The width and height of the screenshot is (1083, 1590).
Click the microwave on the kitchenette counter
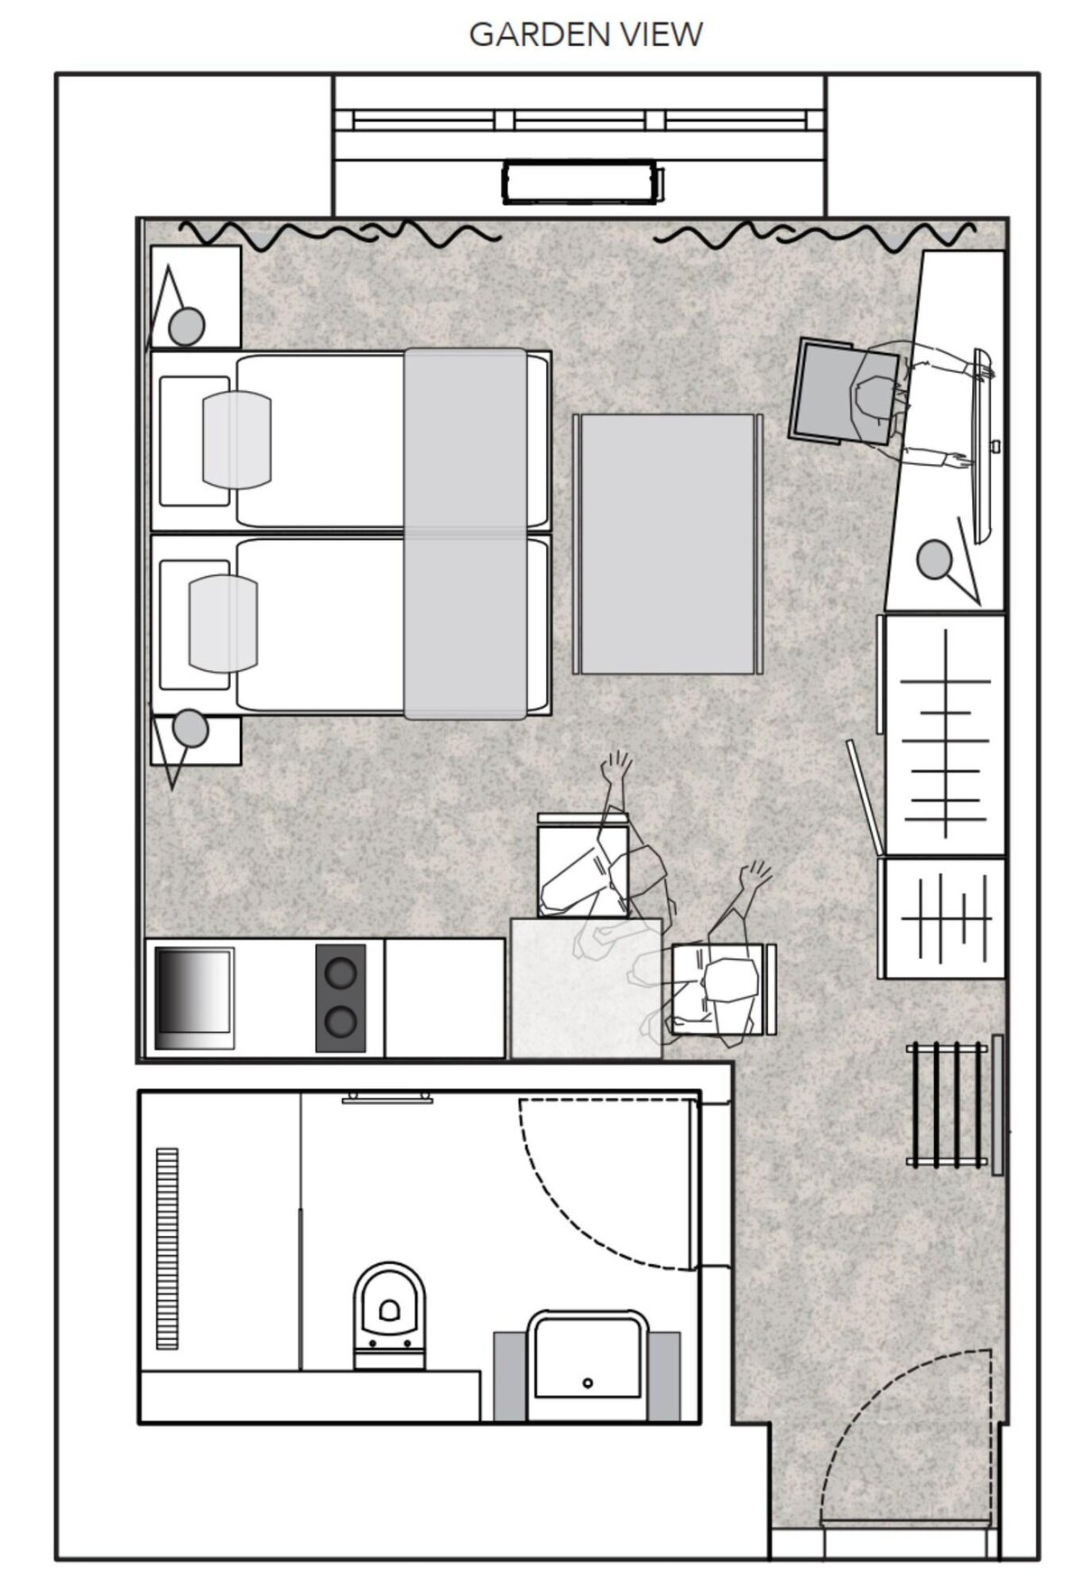click(x=195, y=997)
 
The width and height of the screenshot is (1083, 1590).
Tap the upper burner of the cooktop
click(x=340, y=972)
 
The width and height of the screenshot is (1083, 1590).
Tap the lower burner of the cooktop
click(x=340, y=1021)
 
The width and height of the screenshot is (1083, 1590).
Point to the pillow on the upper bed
click(x=236, y=440)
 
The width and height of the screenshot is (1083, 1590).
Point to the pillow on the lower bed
click(x=223, y=624)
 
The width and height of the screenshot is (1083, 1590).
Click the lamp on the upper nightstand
click(x=188, y=325)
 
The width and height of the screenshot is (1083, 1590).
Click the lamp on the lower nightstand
click(x=190, y=728)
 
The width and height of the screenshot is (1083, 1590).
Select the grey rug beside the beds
click(x=667, y=544)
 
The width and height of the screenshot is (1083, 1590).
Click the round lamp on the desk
click(x=934, y=559)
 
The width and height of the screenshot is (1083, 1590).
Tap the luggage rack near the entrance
click(x=955, y=1105)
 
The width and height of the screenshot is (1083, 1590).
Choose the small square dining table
click(x=586, y=988)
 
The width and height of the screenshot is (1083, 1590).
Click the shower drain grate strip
click(x=168, y=1248)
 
